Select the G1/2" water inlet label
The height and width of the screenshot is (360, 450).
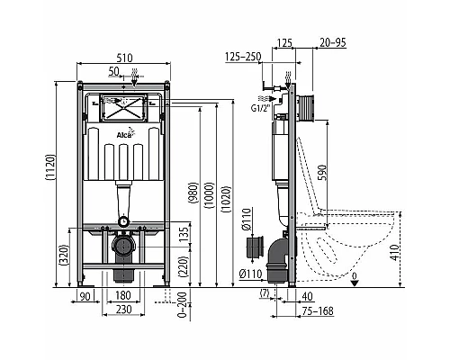point(260,112)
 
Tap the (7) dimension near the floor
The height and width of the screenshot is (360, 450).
point(265,294)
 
